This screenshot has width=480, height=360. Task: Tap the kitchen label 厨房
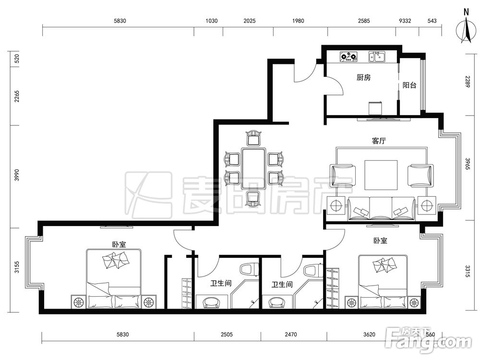coord(364,77)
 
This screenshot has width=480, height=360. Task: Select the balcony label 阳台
coord(409,85)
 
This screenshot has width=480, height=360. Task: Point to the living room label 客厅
coord(379,141)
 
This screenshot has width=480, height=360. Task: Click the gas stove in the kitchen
coord(348,57)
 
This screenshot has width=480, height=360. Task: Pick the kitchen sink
coord(377,57)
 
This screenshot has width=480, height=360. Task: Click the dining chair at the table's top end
coord(253,138)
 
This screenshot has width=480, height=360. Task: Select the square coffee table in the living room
coord(381,175)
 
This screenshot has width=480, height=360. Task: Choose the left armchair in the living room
coord(343,176)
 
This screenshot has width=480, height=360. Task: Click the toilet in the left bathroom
coord(250,269)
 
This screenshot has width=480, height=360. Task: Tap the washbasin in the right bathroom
coord(277,303)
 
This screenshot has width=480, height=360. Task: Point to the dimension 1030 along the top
coord(212,21)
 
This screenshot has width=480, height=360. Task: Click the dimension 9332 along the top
coord(405,21)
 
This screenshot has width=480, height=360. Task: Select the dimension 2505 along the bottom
coord(227,335)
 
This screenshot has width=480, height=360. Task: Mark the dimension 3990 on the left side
coord(17,175)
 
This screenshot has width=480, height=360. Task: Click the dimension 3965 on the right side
coord(468,164)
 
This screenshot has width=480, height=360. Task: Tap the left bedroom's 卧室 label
coord(119,244)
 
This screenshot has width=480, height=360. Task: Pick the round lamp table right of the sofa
coord(426,205)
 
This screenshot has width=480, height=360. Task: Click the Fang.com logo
coord(429,339)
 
